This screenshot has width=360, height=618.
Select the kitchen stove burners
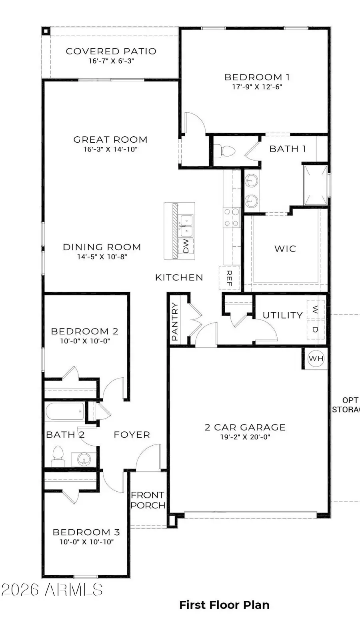pyautogui.click(x=231, y=217)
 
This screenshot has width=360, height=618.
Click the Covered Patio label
pyautogui.click(x=111, y=51)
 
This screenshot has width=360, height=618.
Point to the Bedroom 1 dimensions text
pyautogui.click(x=257, y=87)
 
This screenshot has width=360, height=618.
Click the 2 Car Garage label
pyautogui.click(x=245, y=427)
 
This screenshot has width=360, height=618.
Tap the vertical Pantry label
pyautogui.click(x=175, y=322)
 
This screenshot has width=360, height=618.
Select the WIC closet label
pyautogui.click(x=285, y=249)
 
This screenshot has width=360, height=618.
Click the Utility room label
pyautogui.click(x=283, y=315)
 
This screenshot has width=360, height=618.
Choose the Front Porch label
pyautogui.click(x=148, y=500)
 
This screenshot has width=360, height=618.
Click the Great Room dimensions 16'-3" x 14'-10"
pyautogui.click(x=110, y=149)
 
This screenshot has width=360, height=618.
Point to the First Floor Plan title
pyautogui.click(x=224, y=605)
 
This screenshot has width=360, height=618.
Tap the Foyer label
pyautogui.click(x=132, y=435)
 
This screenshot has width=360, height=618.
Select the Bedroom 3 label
pyautogui.click(x=86, y=532)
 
